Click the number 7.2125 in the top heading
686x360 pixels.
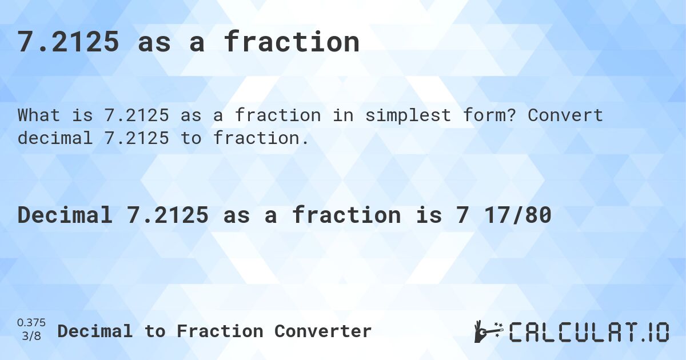(69, 42)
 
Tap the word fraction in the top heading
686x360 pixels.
(292, 42)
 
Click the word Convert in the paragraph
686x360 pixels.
(565, 115)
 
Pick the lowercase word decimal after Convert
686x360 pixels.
(55, 138)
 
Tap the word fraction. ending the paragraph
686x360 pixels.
(262, 138)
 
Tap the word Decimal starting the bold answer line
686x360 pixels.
(64, 215)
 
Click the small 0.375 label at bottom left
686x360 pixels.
(32, 323)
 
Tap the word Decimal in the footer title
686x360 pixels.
(95, 331)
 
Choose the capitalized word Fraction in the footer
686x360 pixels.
(220, 331)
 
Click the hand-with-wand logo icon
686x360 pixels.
(488, 331)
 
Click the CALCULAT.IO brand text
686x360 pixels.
(589, 332)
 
